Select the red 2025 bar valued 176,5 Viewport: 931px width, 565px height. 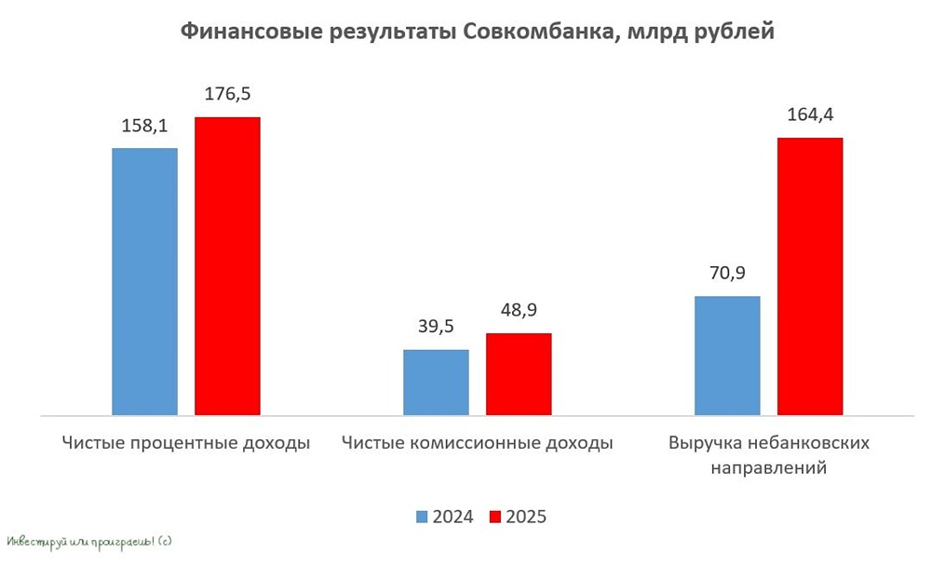point(227,265)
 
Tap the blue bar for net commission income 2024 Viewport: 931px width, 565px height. point(436,382)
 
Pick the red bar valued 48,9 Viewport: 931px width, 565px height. point(519,373)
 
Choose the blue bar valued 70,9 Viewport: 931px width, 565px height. point(727,355)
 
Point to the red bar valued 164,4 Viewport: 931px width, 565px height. point(810,276)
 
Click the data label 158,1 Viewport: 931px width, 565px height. point(144,127)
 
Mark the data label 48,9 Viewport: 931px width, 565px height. point(519,312)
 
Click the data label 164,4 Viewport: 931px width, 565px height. point(810,115)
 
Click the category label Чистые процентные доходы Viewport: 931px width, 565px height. point(186,443)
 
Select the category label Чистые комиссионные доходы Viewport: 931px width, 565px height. point(478,443)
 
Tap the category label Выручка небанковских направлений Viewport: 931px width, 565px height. point(769,455)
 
